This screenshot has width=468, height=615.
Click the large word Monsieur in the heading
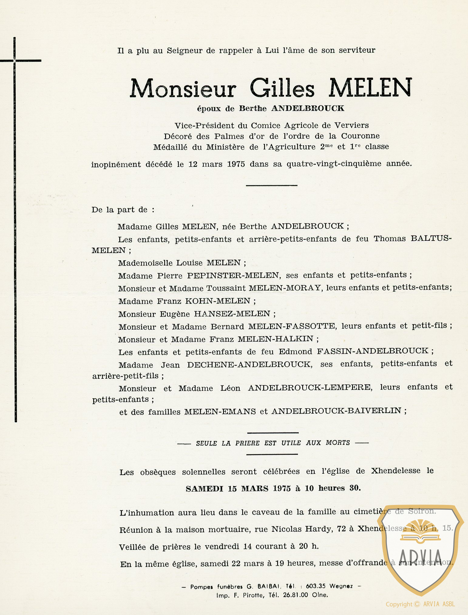click(x=183, y=89)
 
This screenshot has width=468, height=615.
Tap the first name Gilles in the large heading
click(x=282, y=89)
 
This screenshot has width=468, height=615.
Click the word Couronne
click(x=360, y=136)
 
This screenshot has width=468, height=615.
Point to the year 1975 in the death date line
click(x=236, y=164)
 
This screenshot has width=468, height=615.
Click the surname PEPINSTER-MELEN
click(x=233, y=275)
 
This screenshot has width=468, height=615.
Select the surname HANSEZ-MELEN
click(x=232, y=314)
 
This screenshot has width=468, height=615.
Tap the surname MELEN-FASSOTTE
click(x=292, y=326)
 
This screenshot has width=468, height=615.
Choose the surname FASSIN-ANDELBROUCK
click(x=373, y=351)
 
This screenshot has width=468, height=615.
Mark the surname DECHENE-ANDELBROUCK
click(x=249, y=364)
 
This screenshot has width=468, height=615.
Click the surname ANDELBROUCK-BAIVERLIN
click(x=336, y=411)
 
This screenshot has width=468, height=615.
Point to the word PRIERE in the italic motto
click(x=247, y=443)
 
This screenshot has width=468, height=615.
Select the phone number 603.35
click(x=316, y=586)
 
